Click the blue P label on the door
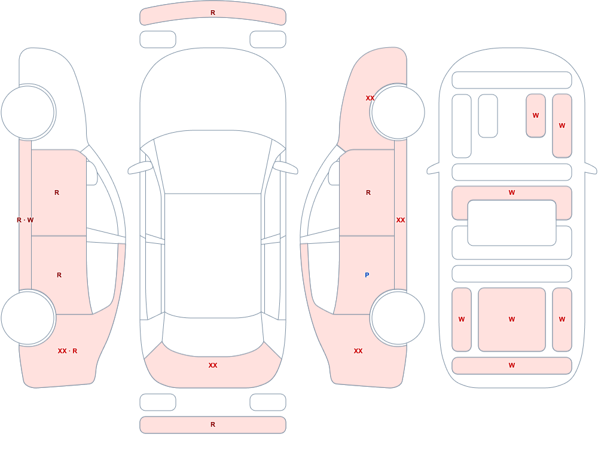367,275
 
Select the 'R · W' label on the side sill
25,220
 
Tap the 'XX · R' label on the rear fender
68,351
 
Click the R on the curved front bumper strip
213,13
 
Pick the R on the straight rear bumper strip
213,424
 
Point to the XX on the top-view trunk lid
213,365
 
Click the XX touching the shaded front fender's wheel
370,98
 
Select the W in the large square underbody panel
512,319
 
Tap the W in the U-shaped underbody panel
512,192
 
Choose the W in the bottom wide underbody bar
512,365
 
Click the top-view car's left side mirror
139,167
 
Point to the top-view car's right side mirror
286,167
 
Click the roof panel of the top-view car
213,255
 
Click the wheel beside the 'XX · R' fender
28,317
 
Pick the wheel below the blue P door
398,317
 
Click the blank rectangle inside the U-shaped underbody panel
512,223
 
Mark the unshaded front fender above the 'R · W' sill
57,95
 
